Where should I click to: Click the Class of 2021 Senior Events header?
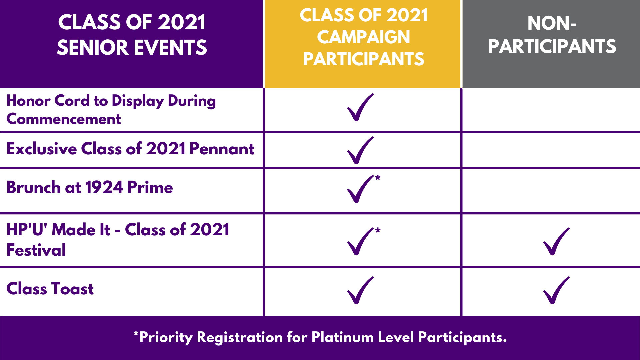(x=132, y=35)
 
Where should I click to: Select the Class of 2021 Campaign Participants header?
(x=363, y=37)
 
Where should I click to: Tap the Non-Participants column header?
(x=552, y=35)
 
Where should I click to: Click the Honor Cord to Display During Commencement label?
(x=111, y=110)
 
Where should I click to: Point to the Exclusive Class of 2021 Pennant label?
(x=130, y=149)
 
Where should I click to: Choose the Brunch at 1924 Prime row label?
(x=90, y=187)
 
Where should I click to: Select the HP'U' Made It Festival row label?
(x=118, y=240)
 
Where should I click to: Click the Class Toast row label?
(x=50, y=289)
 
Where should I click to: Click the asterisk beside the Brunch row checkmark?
(x=378, y=177)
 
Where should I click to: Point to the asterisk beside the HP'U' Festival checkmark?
(x=378, y=230)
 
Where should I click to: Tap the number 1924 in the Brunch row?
(x=104, y=187)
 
